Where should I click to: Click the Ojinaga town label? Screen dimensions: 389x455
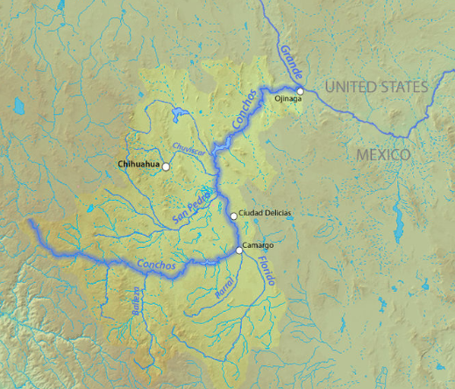point(288,99)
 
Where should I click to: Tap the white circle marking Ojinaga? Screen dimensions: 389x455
point(299,90)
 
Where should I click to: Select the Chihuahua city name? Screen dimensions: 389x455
point(137,164)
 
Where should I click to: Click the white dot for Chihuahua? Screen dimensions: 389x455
point(166,166)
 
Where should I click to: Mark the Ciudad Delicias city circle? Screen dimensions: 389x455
point(233,216)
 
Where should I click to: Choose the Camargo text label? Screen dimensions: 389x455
point(259,245)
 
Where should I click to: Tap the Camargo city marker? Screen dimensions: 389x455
point(239,251)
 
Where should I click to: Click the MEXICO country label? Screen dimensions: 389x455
point(383,154)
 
